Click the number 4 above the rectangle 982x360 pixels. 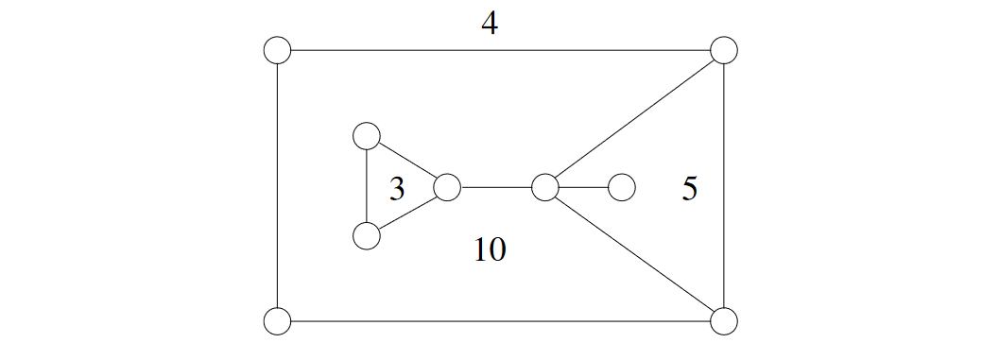tap(489, 24)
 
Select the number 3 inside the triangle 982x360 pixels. tap(397, 190)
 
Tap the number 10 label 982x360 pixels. tap(490, 249)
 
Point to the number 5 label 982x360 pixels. tap(689, 190)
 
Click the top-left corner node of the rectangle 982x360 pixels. tap(277, 50)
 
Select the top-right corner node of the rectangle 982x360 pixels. tap(723, 50)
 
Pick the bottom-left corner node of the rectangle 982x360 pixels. tap(277, 321)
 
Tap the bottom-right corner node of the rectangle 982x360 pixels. tap(723, 321)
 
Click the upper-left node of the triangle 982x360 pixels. tap(366, 136)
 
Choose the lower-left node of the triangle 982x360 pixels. tap(366, 235)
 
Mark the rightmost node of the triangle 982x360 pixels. tap(446, 187)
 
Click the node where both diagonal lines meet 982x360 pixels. tap(544, 187)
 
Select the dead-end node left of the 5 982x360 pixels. tap(621, 187)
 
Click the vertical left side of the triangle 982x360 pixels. tap(366, 186)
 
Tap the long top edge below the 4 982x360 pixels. tap(500, 50)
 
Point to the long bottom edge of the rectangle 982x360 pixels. tap(500, 321)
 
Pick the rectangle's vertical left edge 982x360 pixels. tap(277, 186)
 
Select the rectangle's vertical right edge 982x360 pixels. tap(723, 186)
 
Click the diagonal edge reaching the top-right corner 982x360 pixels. tap(634, 118)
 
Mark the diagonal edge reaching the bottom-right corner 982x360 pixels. tap(634, 254)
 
